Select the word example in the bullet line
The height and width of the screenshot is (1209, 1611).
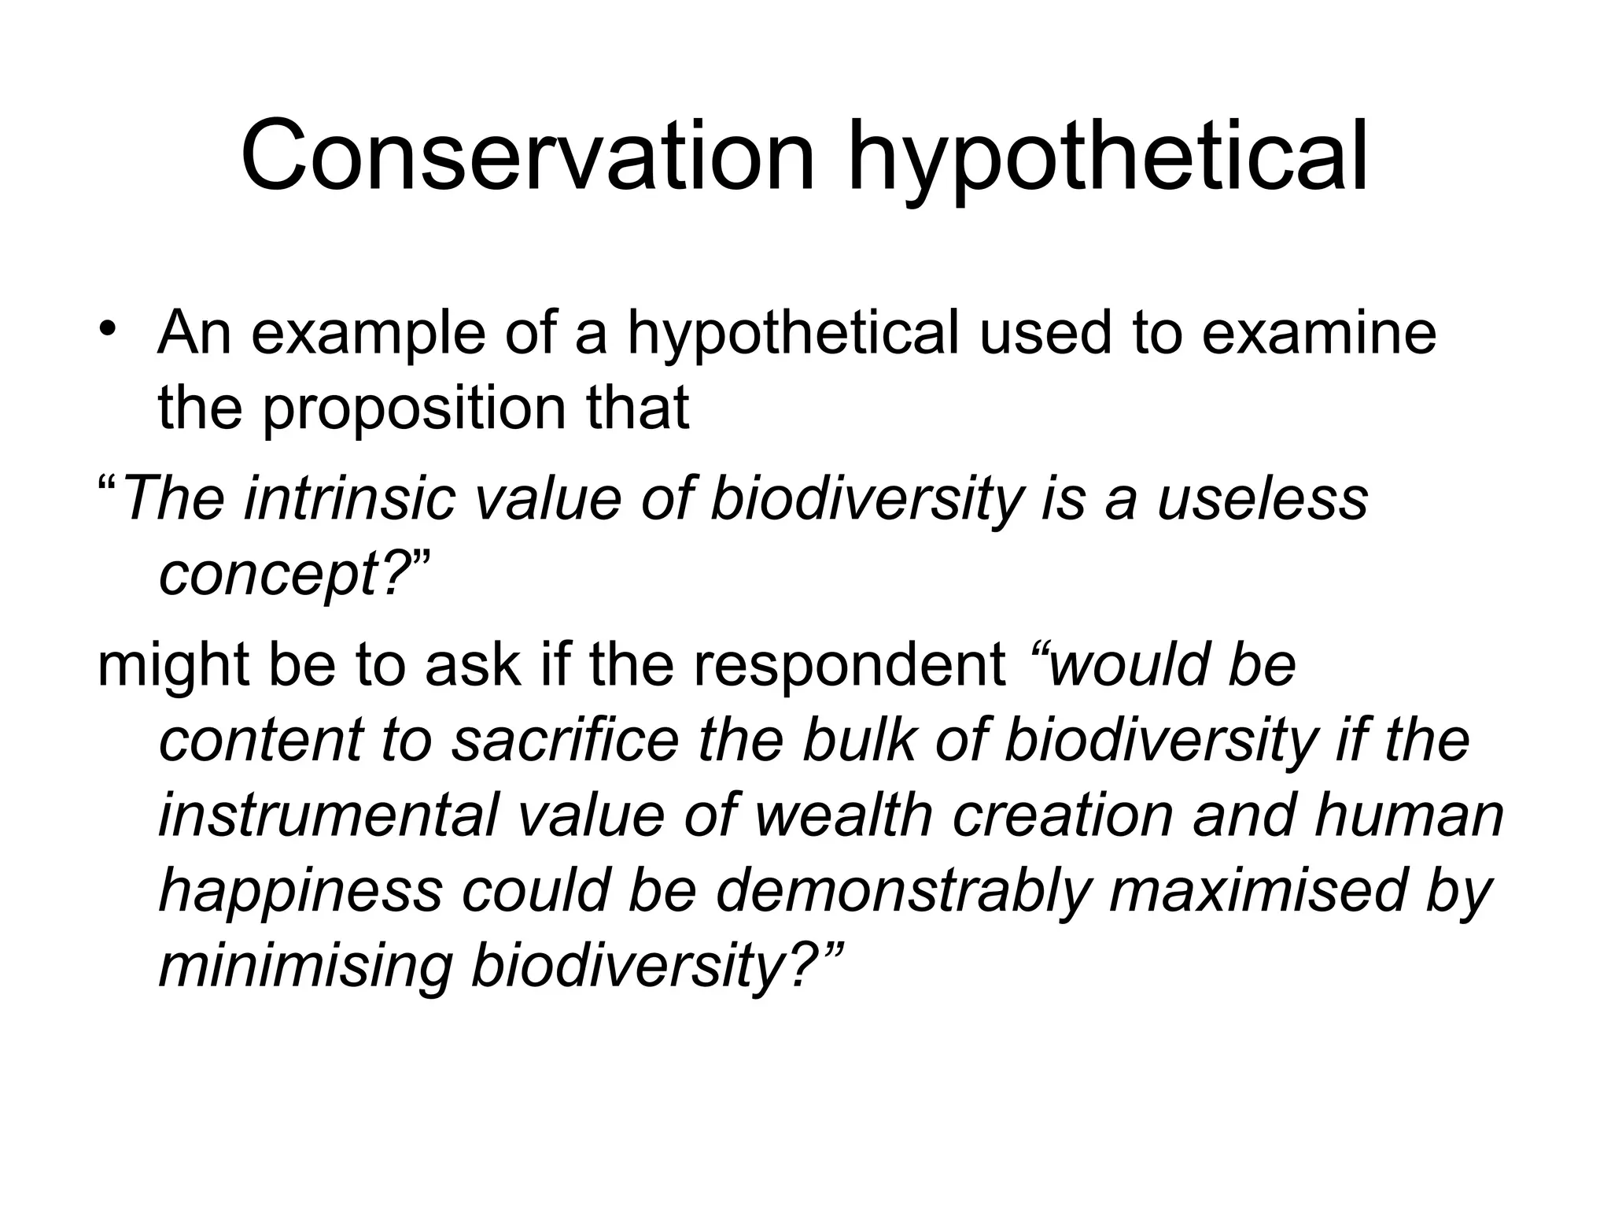point(369,334)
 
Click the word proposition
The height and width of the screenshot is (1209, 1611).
point(414,409)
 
